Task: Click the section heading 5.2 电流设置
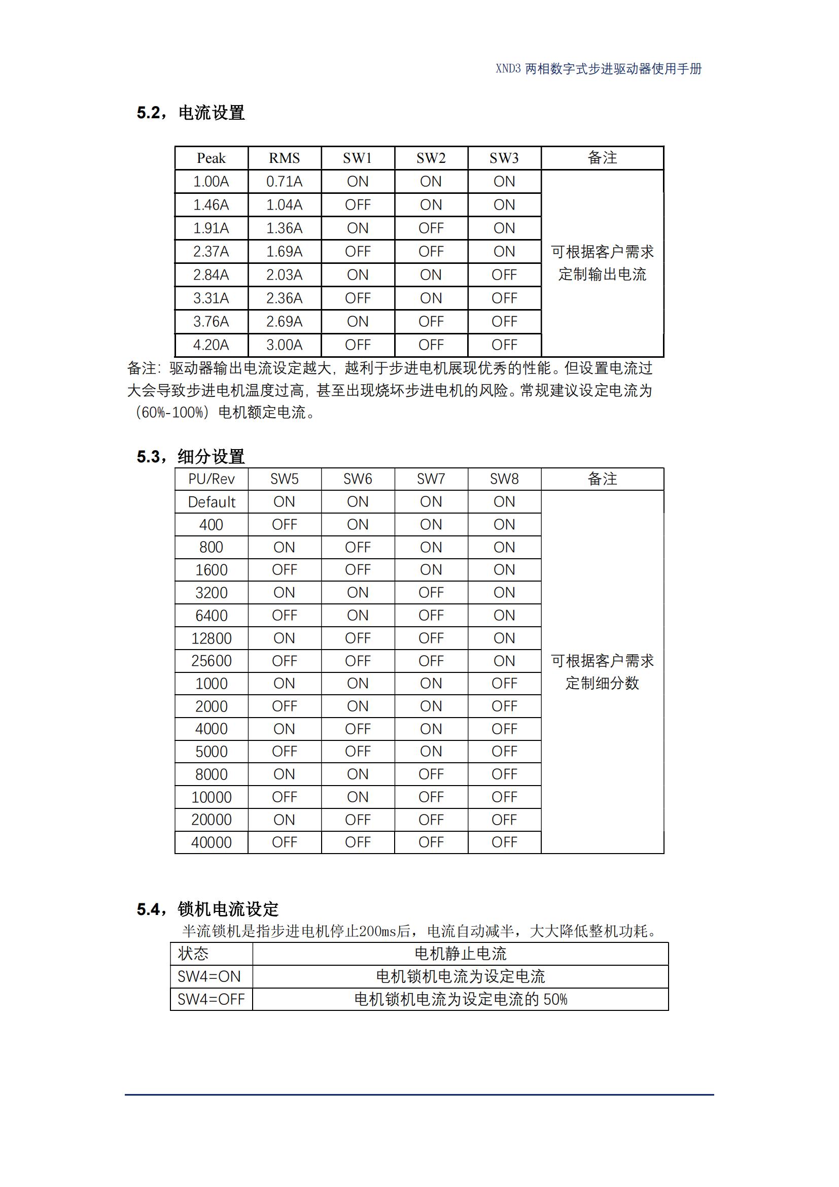point(190,113)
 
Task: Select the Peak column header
point(212,158)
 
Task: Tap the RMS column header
point(284,158)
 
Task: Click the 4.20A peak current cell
point(212,345)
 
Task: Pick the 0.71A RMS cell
point(284,182)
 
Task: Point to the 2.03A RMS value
point(284,275)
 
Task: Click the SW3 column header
point(504,158)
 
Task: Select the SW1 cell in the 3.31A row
point(358,298)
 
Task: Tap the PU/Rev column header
point(212,479)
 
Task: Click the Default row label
point(212,502)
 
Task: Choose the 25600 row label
point(212,661)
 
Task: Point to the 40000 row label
point(212,842)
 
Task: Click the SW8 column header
point(504,479)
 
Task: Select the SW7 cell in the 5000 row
point(431,751)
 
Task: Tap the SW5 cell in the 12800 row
point(284,638)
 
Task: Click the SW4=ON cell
point(209,976)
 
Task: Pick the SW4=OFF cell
point(211,999)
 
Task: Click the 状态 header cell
point(193,954)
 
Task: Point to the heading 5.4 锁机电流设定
point(207,908)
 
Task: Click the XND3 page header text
point(598,69)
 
